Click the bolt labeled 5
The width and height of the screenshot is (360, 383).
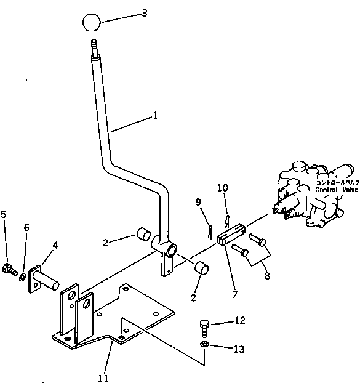coord(10,269)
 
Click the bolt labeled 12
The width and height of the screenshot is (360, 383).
coord(206,325)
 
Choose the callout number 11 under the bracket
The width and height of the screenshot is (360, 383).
coord(103,377)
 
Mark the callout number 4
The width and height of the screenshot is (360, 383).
coord(55,246)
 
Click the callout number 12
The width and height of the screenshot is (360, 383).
coord(239,320)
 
